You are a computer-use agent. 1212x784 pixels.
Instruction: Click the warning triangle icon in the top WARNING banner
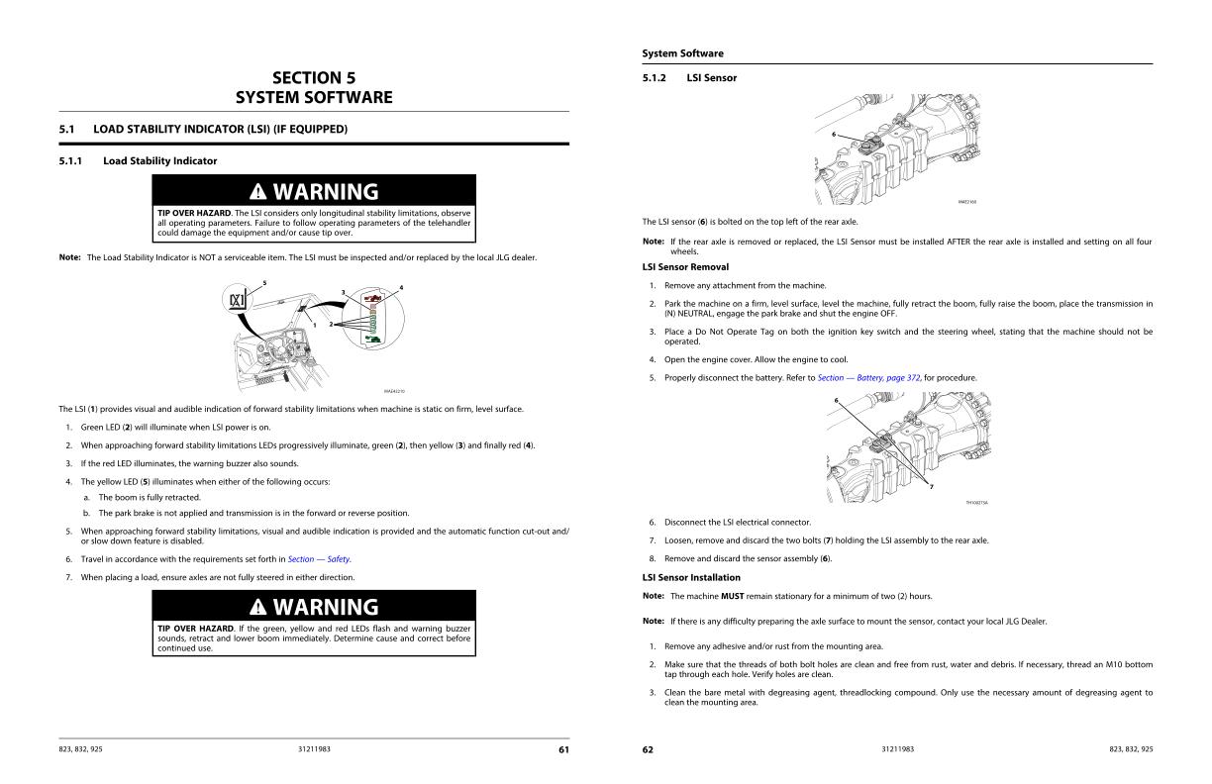pos(257,191)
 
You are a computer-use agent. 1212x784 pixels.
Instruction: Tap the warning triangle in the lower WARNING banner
pos(257,607)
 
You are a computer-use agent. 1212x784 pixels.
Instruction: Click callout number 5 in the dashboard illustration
pos(264,284)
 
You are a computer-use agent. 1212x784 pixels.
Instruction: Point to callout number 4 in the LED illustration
pos(401,288)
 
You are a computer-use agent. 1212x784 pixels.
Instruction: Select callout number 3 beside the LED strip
pos(343,292)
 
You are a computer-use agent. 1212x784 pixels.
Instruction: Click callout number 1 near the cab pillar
pos(315,325)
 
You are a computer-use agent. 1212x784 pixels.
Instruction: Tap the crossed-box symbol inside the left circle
pos(238,301)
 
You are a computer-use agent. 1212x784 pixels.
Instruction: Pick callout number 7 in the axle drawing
pos(931,486)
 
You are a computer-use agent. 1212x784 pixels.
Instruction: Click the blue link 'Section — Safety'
pos(319,559)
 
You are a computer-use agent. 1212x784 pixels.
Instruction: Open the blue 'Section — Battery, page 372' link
pos(869,378)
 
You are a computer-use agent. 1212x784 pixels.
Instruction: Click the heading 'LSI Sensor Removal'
pos(685,267)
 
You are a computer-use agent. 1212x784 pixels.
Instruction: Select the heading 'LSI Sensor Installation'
pos(691,577)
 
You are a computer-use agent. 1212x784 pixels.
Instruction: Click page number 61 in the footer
pos(563,749)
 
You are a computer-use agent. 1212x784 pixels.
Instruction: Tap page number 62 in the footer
pos(648,749)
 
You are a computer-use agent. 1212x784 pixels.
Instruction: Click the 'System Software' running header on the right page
pos(682,53)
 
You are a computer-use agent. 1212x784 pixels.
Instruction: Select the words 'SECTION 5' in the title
pos(313,78)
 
